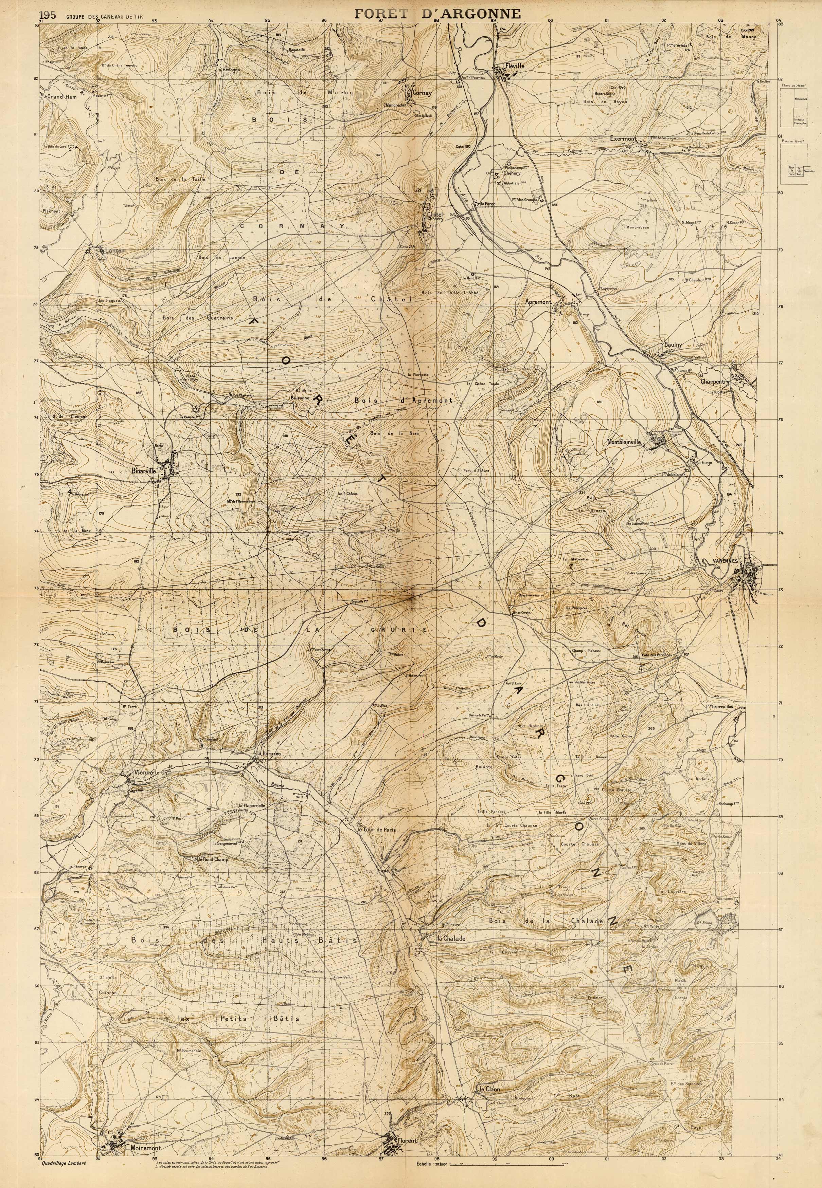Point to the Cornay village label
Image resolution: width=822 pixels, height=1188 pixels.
421,93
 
